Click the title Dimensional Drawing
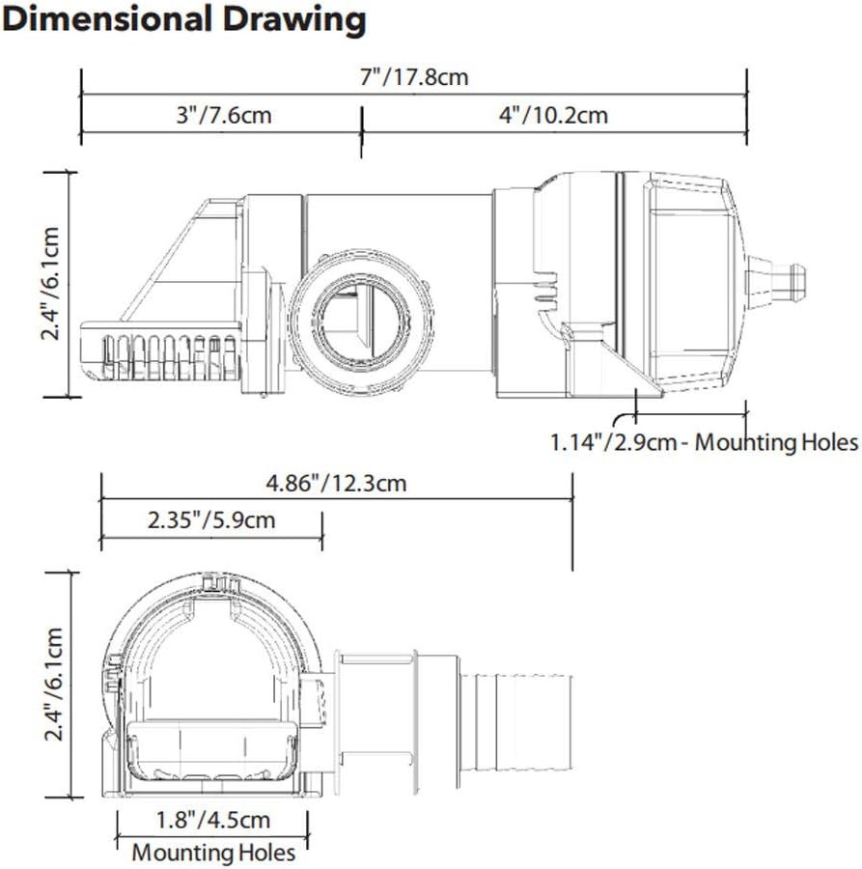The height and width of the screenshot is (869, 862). (x=183, y=20)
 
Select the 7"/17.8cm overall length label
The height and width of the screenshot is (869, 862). (x=414, y=76)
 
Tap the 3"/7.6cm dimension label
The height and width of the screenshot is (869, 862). (x=224, y=115)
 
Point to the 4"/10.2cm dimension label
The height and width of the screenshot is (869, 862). (x=553, y=115)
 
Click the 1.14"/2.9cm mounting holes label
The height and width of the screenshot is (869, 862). (x=704, y=442)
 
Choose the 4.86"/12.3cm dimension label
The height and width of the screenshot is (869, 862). (x=336, y=484)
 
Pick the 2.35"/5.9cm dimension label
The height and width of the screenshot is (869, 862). (x=211, y=519)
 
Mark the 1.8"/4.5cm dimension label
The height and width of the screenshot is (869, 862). (x=213, y=820)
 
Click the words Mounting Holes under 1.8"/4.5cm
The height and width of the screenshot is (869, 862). (x=213, y=853)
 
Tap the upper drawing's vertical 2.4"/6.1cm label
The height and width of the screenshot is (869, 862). (x=51, y=283)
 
